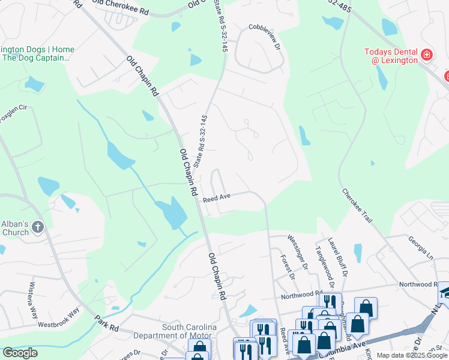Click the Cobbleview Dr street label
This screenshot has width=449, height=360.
pyautogui.click(x=265, y=36)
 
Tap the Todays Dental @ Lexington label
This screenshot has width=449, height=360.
pyautogui.click(x=391, y=56)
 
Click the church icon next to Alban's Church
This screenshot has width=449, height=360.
pyautogui.click(x=38, y=227)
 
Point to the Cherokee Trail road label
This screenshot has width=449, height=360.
pyautogui.click(x=358, y=206)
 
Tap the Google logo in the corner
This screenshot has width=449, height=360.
pyautogui.click(x=20, y=353)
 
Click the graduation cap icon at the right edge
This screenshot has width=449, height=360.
pyautogui.click(x=444, y=292)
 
